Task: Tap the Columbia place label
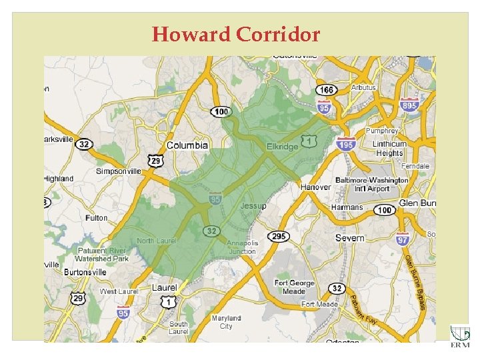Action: tap(187, 145)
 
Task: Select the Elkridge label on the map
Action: tap(282, 147)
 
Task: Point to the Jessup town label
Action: tap(253, 206)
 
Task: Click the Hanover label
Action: tap(315, 187)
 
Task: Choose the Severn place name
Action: tap(350, 238)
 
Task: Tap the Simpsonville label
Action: tap(119, 171)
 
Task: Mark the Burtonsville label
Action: tap(85, 272)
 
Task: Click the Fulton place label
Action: tap(97, 218)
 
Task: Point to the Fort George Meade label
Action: tap(294, 287)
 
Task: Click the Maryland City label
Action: tap(226, 323)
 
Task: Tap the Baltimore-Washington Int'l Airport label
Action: tap(372, 185)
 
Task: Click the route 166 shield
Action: tap(327, 90)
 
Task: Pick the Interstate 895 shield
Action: tap(409, 105)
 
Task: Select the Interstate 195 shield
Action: tap(345, 143)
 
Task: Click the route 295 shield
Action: tap(279, 237)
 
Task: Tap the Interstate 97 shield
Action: tap(403, 239)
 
